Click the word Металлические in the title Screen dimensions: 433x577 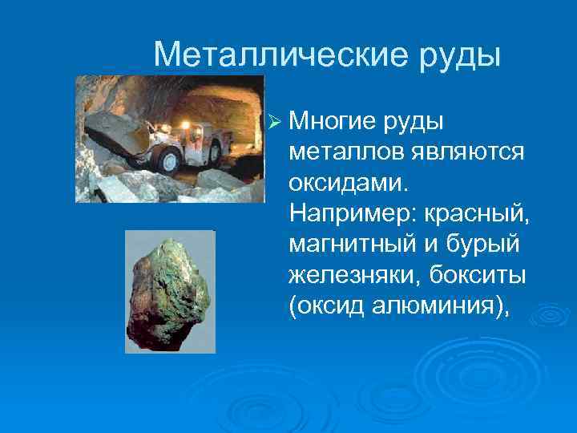(275, 54)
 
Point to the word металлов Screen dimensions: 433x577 (340, 152)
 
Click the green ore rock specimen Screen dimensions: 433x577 (169, 292)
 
